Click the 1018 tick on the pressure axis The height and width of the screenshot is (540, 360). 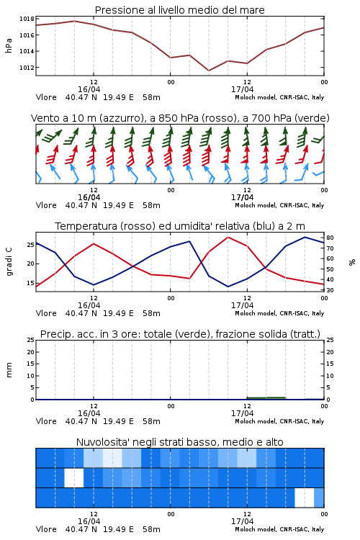[27, 19]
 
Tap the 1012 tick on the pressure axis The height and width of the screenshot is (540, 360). [27, 68]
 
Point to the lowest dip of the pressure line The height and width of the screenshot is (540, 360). [209, 71]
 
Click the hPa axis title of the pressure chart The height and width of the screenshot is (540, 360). [9, 45]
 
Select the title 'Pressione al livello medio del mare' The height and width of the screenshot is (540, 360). [180, 10]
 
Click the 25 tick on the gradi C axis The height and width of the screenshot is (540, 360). [31, 245]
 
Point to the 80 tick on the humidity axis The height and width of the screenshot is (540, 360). [330, 238]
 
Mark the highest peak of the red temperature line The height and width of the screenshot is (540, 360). [228, 237]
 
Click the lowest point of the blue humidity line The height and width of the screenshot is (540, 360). [228, 287]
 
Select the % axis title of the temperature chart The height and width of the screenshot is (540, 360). [352, 262]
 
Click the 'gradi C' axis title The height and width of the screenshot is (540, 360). [9, 262]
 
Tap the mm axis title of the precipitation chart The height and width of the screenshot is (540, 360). [9, 370]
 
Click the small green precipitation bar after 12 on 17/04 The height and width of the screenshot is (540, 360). [266, 398]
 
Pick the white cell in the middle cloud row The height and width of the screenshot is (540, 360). [74, 477]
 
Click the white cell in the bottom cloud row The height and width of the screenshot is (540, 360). [305, 498]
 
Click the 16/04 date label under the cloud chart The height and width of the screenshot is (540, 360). [89, 521]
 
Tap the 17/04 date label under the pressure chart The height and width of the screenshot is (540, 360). [242, 89]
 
